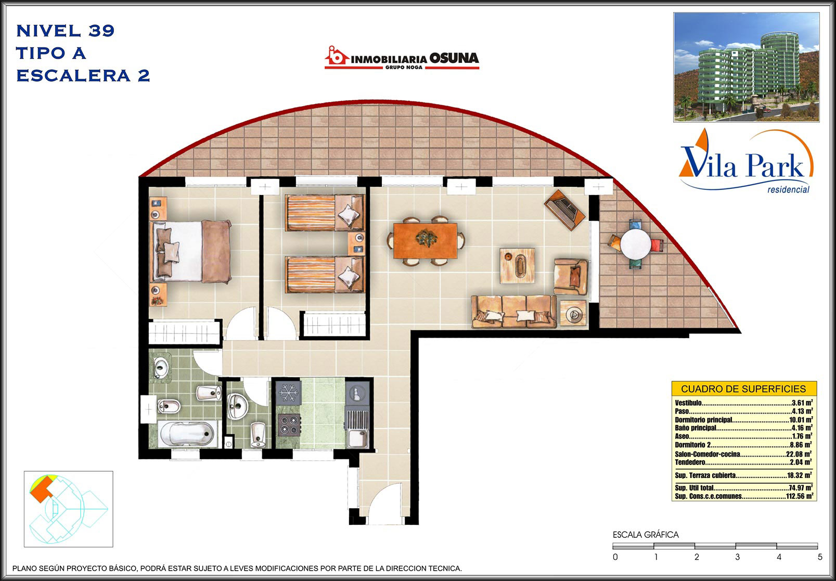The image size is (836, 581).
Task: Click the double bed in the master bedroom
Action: (x=191, y=251)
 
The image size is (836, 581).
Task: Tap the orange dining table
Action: (x=425, y=240)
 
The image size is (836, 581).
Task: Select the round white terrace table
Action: (x=636, y=244)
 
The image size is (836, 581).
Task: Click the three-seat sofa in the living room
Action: (x=514, y=311)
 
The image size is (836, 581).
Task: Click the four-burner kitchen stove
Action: (x=289, y=425)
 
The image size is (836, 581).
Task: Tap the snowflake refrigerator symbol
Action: (x=289, y=393)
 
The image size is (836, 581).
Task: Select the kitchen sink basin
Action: (x=357, y=438)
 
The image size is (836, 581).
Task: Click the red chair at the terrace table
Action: (x=657, y=245)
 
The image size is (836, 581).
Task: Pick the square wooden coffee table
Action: (x=517, y=266)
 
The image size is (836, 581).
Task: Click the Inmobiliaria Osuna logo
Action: (x=402, y=58)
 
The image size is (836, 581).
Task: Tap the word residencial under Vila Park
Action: (x=788, y=189)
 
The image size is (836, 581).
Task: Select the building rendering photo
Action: (x=747, y=67)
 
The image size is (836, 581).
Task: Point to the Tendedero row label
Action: (x=690, y=462)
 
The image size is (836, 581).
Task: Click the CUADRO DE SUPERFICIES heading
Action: (x=743, y=389)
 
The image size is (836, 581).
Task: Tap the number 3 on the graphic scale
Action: (x=738, y=557)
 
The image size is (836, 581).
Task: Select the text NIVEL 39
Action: (x=66, y=31)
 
